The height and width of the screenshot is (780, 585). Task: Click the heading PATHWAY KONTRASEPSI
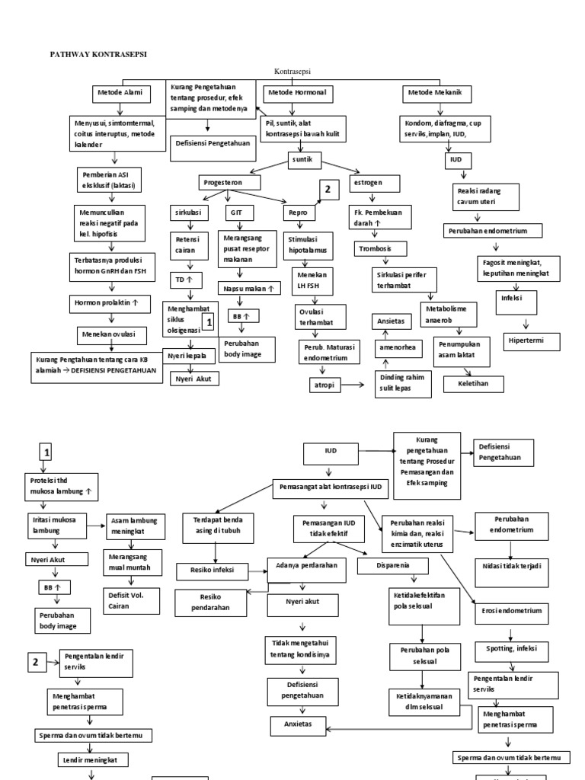[x=98, y=55]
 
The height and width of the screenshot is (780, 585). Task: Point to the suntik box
[x=305, y=160]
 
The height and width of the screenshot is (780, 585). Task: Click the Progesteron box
[x=229, y=183]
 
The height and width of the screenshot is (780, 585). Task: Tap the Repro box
[x=298, y=213]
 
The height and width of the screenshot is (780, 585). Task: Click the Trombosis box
[x=380, y=249]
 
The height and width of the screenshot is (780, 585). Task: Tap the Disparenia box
[x=393, y=566]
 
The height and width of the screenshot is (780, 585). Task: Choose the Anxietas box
[x=298, y=724]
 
